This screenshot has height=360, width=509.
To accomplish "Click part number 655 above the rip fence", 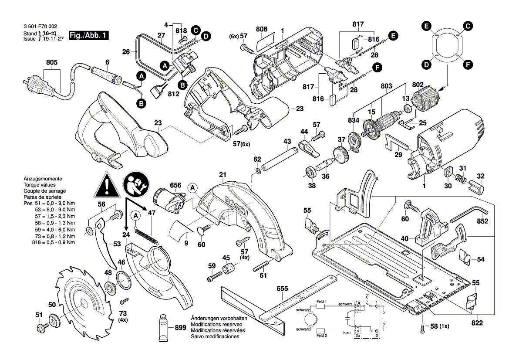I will point(282,289).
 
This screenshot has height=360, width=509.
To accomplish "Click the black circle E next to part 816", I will point(393,37).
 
